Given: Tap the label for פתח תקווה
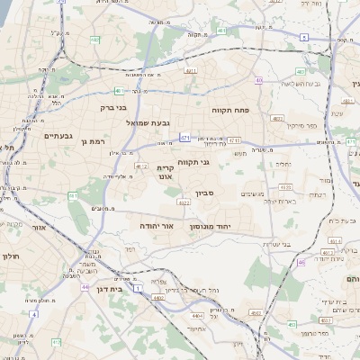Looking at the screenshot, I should tap(229, 110).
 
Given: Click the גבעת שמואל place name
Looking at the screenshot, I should tap(138, 121).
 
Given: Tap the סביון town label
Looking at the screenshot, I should tap(206, 193).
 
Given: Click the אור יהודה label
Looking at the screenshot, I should tap(157, 226).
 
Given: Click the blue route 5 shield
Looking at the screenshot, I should tap(304, 38).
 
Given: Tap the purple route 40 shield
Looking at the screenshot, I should tap(259, 80).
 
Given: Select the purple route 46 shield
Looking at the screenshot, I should tap(301, 262).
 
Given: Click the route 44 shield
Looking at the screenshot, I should tap(85, 286).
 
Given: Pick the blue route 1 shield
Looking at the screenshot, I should tap(138, 288).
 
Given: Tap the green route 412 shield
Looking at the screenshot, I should tap(56, 342).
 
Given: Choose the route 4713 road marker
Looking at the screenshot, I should tap(234, 139).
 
